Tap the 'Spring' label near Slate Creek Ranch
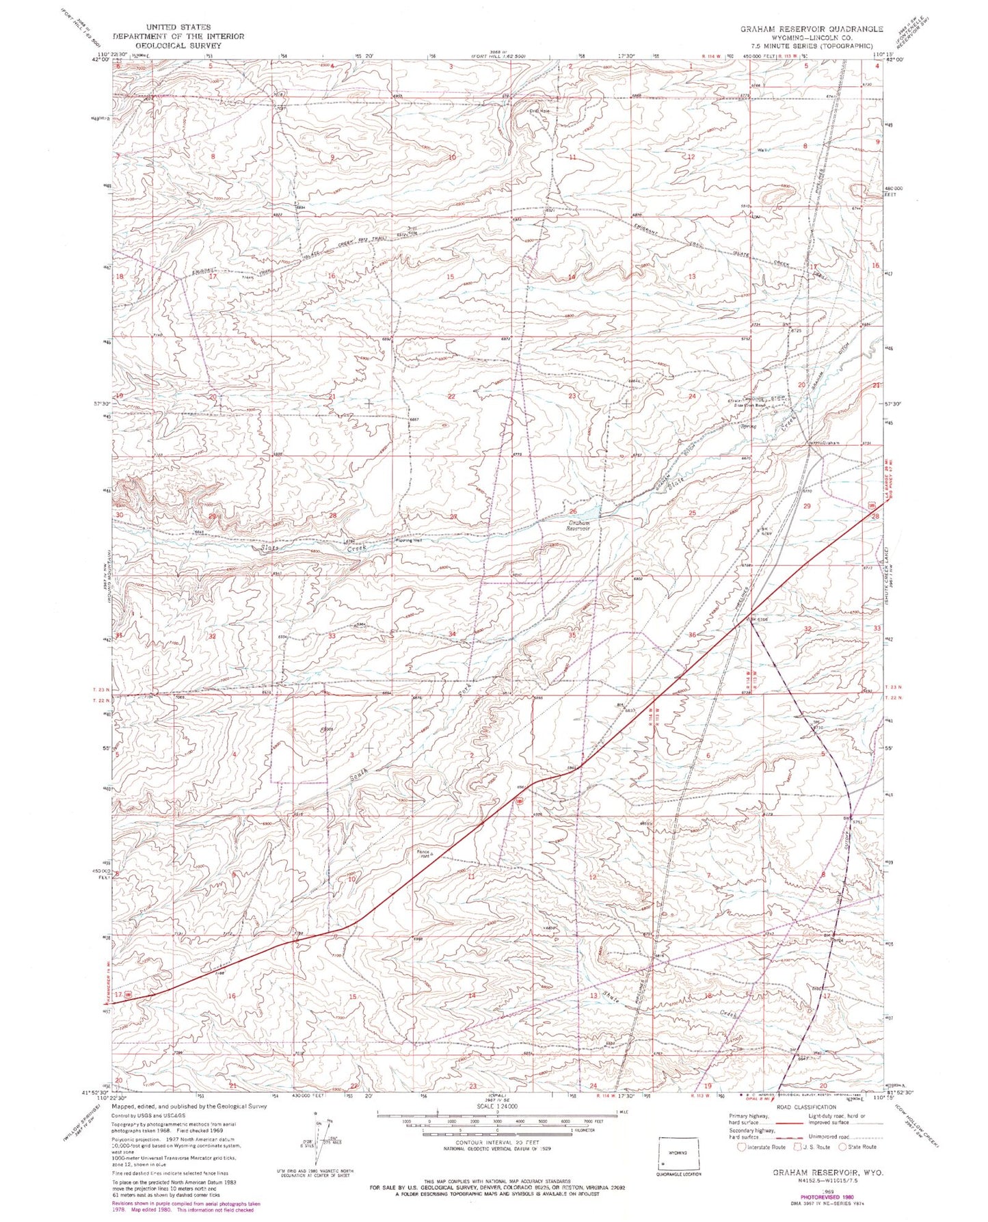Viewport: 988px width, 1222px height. tap(749, 425)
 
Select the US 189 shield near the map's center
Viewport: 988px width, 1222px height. tap(520, 800)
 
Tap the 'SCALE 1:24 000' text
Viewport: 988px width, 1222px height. tap(497, 1125)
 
